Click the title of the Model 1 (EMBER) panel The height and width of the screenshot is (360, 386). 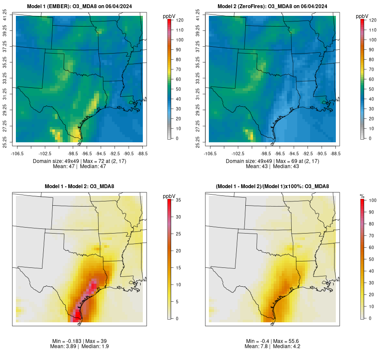[x=80, y=6]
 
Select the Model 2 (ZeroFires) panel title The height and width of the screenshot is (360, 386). [x=273, y=6]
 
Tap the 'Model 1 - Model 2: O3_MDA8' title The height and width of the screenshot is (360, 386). [x=80, y=186]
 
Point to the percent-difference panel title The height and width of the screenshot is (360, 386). [x=273, y=186]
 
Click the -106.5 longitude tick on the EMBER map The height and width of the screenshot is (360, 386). [x=16, y=153]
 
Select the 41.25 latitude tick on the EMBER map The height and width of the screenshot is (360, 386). [x=5, y=16]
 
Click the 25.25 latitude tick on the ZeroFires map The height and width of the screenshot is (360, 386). [x=198, y=142]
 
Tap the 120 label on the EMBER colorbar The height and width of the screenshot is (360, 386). [x=180, y=20]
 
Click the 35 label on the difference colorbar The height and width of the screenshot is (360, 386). [x=178, y=200]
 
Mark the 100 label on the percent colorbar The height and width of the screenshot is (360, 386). [x=373, y=200]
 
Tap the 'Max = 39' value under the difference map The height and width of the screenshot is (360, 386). [x=98, y=341]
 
